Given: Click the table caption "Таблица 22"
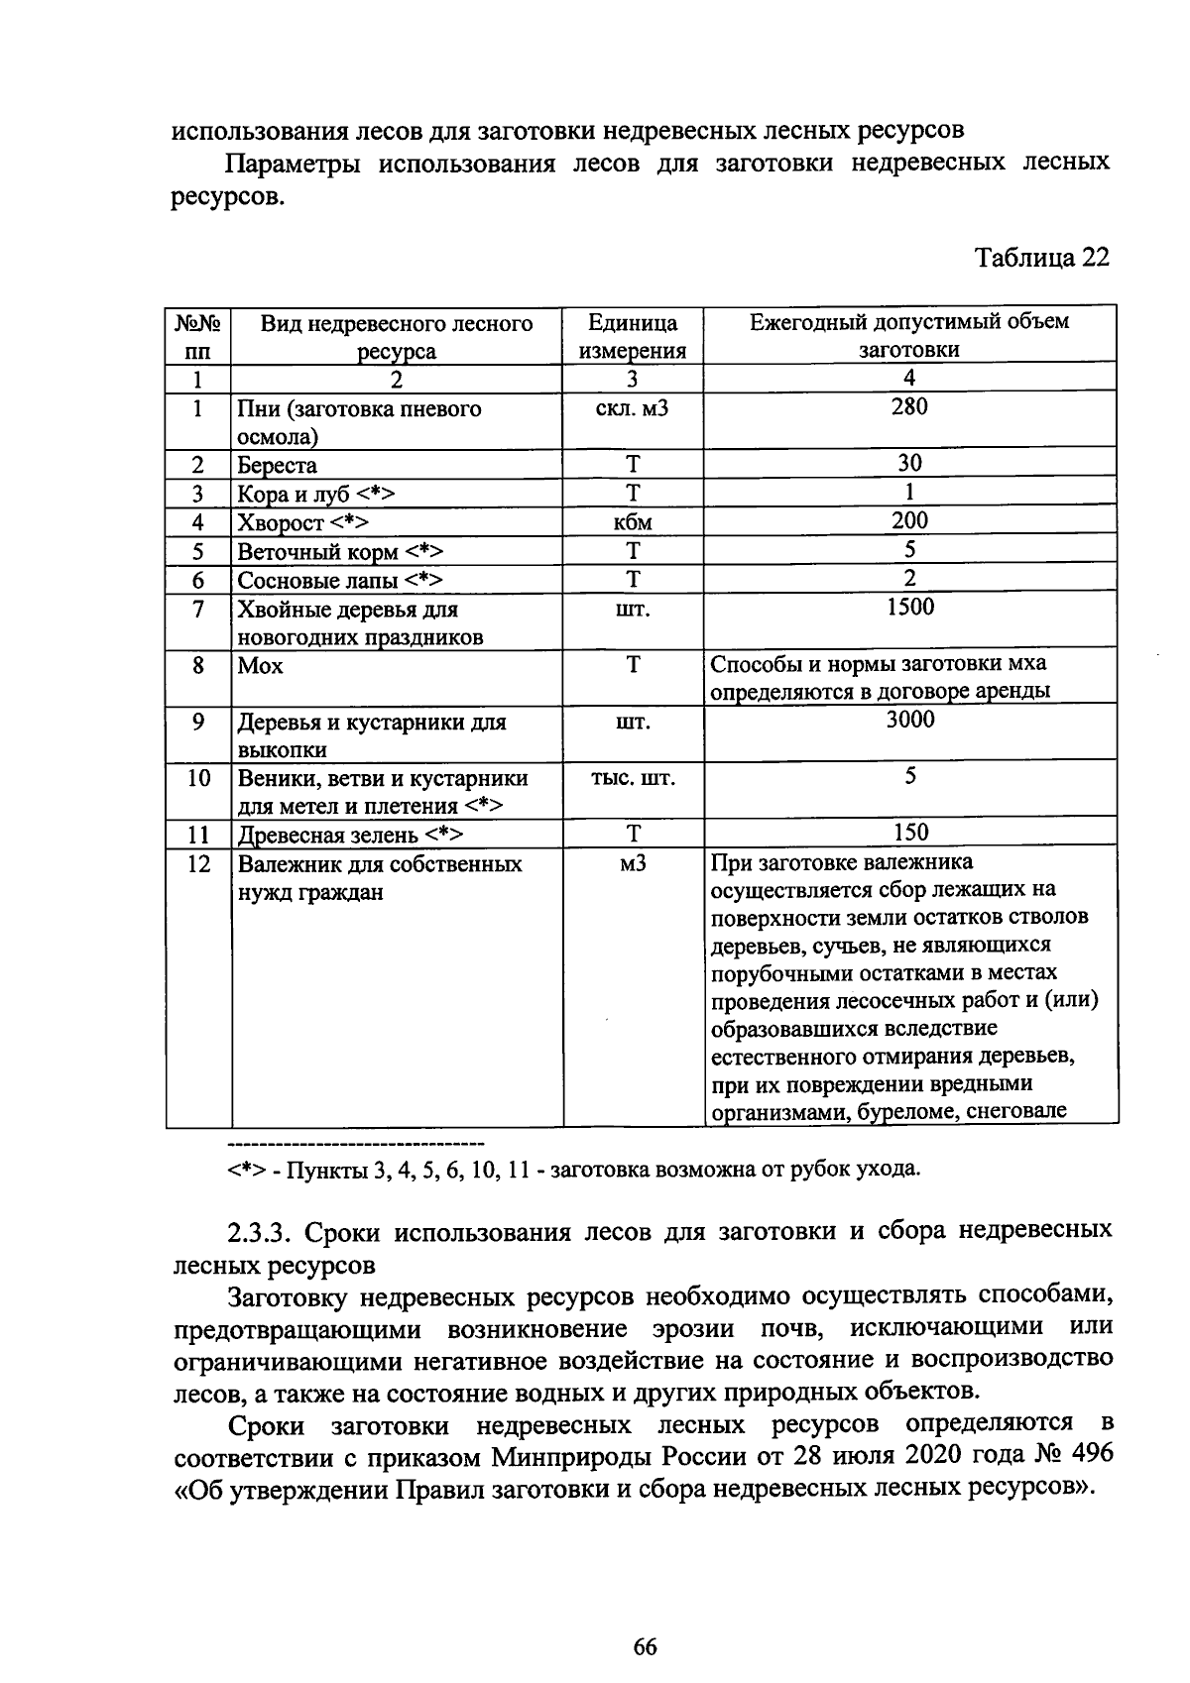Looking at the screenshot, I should [1041, 258].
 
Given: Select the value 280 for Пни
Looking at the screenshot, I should [908, 407].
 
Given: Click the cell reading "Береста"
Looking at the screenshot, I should [278, 465].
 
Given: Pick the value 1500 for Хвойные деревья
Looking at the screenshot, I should [908, 608].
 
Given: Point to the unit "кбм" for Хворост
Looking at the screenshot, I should [633, 522].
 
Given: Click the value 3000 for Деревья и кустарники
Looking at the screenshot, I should [908, 721].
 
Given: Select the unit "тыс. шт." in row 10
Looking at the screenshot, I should [633, 778].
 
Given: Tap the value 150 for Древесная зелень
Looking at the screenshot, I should [908, 834].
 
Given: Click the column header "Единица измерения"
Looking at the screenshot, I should [633, 337].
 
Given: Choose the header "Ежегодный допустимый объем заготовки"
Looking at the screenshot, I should [908, 336].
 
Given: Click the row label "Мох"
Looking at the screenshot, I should [261, 666].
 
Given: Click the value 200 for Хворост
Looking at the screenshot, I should [908, 520].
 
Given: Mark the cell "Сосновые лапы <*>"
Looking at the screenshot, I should [339, 580].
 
